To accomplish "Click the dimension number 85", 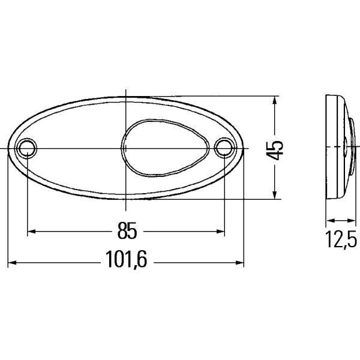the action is click(127, 230).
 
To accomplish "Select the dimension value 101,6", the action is click(126, 259).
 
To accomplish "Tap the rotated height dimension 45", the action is click(275, 150).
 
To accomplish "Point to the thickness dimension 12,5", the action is click(341, 239).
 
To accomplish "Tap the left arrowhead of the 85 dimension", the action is click(31, 231).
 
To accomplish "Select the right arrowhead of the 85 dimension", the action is click(220, 231).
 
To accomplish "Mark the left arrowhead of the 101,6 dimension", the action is click(12, 262).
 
